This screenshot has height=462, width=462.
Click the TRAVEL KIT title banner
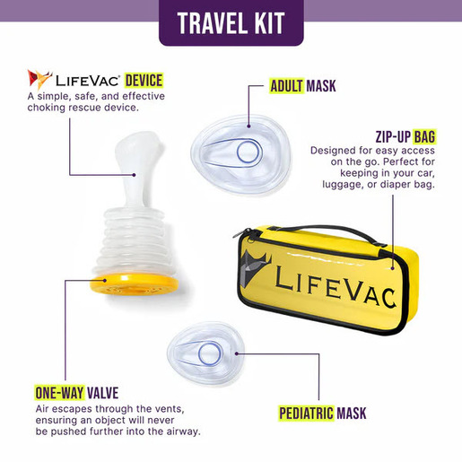(x=231, y=22)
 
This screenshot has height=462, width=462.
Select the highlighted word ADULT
(x=287, y=88)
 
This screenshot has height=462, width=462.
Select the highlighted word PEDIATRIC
(x=306, y=414)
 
